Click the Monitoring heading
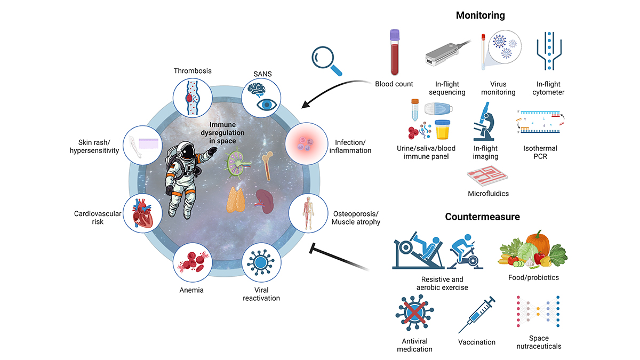(x=481, y=15)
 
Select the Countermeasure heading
(x=482, y=217)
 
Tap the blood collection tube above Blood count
(x=395, y=52)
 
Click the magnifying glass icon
(x=326, y=61)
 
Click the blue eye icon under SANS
(x=267, y=105)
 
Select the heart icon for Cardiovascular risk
(x=142, y=213)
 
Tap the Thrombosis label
(x=193, y=71)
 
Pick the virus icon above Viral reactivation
(x=261, y=262)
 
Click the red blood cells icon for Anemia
(x=192, y=262)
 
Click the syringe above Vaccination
(x=477, y=315)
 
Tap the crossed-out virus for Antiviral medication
(x=414, y=313)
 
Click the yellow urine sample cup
(x=442, y=130)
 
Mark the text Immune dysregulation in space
(x=222, y=133)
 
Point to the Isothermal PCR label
(x=540, y=153)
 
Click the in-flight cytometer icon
(x=549, y=51)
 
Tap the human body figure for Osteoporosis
(x=308, y=213)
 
